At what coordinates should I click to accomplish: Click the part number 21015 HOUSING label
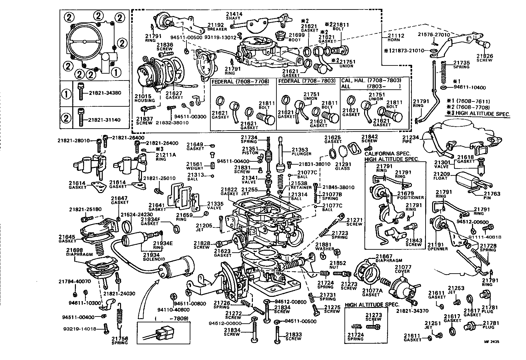pos(143,98)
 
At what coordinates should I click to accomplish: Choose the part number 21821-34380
pos(105,93)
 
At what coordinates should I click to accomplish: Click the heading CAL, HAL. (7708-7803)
pos(371,81)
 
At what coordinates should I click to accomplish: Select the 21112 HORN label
pos(396,37)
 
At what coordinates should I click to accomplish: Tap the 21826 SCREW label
pos(484,58)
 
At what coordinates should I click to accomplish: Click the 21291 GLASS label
pos(342,166)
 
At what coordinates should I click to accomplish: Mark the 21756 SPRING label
pos(119,340)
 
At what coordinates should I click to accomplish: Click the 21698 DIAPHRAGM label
pos(80,252)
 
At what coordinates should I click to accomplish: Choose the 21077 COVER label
pos(402,269)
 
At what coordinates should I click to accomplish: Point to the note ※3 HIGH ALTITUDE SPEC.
pos(478,114)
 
